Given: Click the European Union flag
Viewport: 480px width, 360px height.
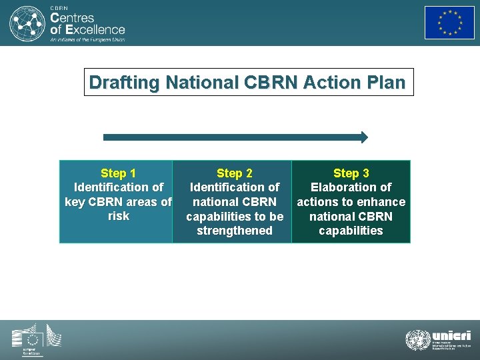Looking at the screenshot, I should pyautogui.click(x=449, y=23).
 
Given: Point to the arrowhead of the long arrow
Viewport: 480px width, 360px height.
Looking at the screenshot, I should pyautogui.click(x=363, y=137).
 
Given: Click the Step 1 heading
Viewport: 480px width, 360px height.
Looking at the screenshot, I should pyautogui.click(x=118, y=173).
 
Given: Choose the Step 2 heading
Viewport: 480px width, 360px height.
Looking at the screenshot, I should pyautogui.click(x=235, y=173).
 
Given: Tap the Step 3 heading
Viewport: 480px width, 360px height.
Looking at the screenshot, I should pyautogui.click(x=351, y=173).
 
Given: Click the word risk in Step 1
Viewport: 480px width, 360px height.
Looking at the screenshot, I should pyautogui.click(x=118, y=216).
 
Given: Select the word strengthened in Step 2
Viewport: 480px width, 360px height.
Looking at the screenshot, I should pyautogui.click(x=235, y=231).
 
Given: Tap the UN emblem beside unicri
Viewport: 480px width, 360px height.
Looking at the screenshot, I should pyautogui.click(x=417, y=340).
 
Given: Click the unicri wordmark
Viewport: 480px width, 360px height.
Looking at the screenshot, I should pyautogui.click(x=451, y=335).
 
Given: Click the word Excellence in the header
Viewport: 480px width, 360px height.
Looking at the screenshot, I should pyautogui.click(x=95, y=29).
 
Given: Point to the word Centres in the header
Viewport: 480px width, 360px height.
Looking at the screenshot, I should pyautogui.click(x=73, y=17).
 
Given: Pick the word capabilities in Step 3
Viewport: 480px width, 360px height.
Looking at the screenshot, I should pyautogui.click(x=351, y=231).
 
